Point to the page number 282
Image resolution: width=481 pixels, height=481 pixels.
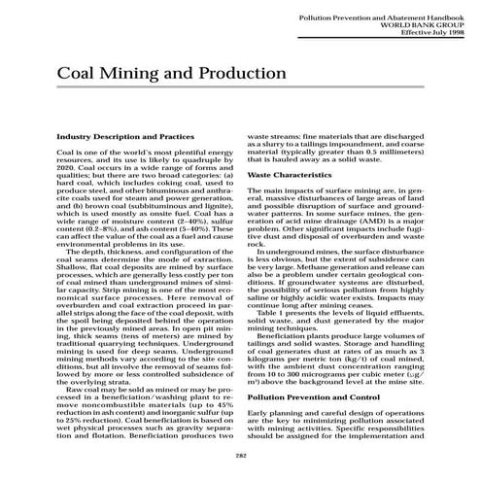240,456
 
